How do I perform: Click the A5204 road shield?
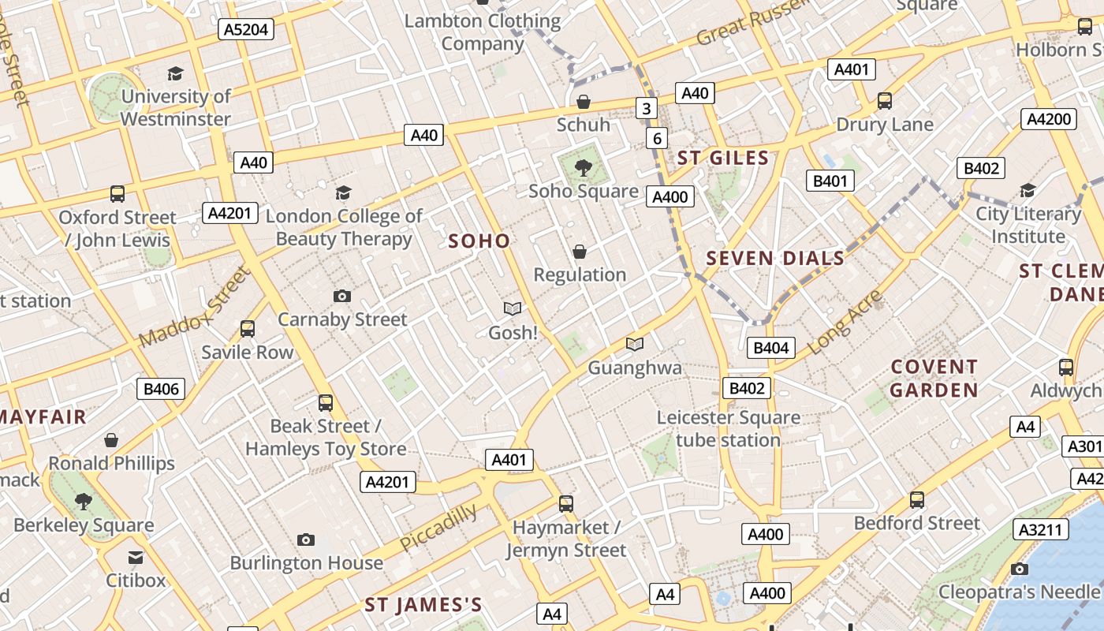246,30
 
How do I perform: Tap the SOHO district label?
479,241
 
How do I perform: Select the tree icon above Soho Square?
584,167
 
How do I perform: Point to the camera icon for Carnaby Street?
341,296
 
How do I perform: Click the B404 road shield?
771,347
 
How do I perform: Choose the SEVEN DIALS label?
775,258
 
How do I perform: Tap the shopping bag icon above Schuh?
584,102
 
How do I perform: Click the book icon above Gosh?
513,308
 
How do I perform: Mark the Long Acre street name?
845,320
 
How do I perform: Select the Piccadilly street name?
438,528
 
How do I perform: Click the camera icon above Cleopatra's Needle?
1019,569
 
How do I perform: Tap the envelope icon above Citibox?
136,558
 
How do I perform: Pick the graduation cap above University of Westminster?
175,73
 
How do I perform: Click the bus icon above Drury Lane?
885,101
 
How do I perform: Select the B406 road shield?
162,388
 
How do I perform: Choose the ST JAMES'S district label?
423,605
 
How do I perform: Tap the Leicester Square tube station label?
728,428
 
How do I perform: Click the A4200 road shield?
1048,119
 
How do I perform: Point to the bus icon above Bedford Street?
916,499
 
